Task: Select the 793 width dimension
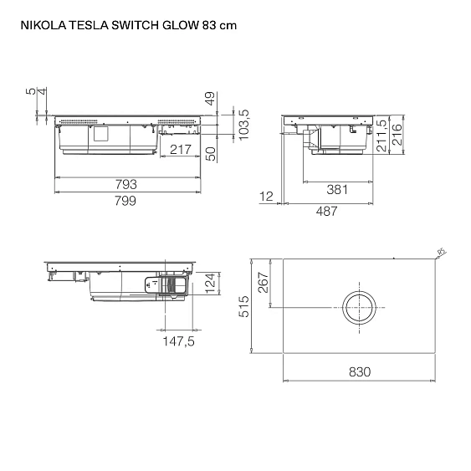point(126,184)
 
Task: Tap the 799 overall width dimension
point(126,201)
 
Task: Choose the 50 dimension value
point(211,153)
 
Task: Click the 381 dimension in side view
point(336,190)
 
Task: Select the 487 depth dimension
point(326,212)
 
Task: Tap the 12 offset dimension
point(267,197)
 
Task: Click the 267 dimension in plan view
point(264,284)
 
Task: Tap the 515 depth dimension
point(243,307)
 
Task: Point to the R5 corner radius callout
point(443,252)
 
